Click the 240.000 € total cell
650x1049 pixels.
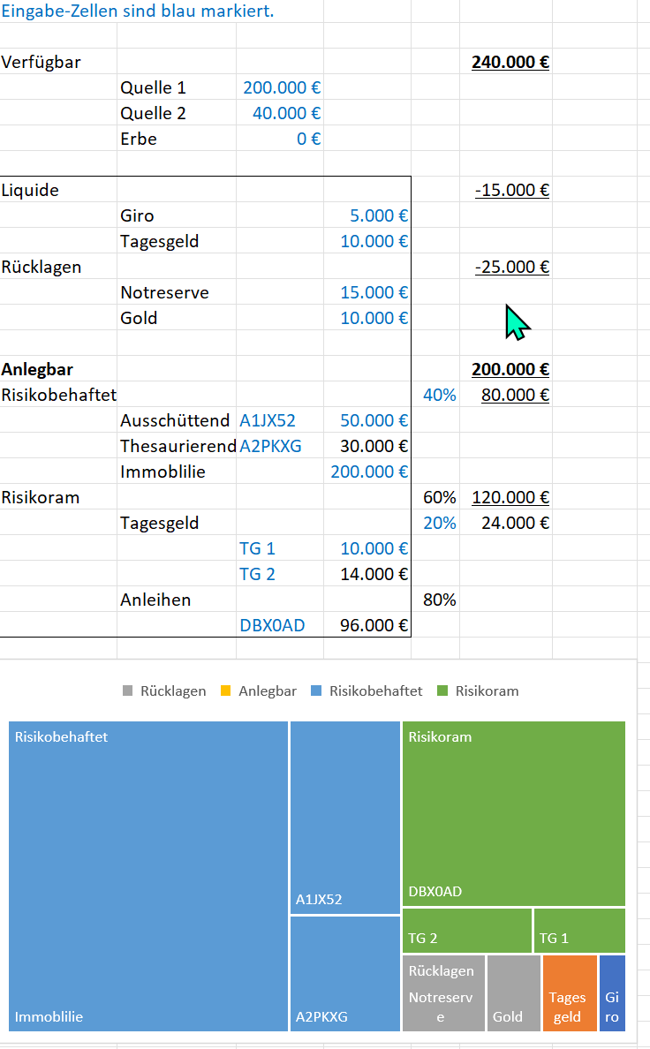[510, 63]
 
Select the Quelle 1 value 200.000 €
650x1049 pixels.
[282, 88]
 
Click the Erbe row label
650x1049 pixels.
[139, 140]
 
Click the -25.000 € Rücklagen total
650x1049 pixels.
[511, 268]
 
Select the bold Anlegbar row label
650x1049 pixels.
[37, 370]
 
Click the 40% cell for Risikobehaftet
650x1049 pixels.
[440, 396]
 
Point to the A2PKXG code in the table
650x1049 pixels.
[270, 447]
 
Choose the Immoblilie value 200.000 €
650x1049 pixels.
[369, 472]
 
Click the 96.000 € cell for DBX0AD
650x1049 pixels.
[374, 626]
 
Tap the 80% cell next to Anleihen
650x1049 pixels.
[440, 600]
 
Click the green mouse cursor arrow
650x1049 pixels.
[516, 322]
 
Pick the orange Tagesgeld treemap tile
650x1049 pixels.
[570, 993]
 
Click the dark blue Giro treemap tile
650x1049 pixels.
[612, 993]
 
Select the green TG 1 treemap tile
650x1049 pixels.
[579, 931]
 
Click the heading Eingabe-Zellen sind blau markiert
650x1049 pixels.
[137, 11]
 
